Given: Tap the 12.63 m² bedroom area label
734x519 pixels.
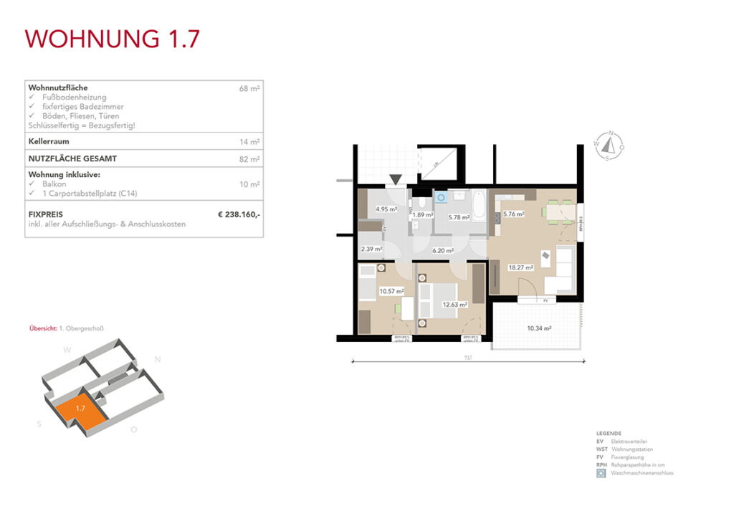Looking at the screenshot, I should [454, 304].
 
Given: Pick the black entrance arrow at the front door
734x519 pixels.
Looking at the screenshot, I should [396, 180].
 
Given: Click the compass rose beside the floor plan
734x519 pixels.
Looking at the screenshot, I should [609, 146].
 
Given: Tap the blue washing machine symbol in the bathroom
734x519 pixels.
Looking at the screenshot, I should [441, 195].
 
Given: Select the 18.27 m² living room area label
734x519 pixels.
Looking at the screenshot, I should [520, 267].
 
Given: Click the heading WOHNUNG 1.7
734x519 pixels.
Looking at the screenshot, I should [111, 39].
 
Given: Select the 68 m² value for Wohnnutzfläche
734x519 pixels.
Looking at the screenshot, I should [249, 89].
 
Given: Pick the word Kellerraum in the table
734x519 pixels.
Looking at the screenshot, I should [49, 142].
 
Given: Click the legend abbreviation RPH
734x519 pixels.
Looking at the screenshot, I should [601, 465].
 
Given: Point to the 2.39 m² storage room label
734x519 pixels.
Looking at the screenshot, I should [371, 249].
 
